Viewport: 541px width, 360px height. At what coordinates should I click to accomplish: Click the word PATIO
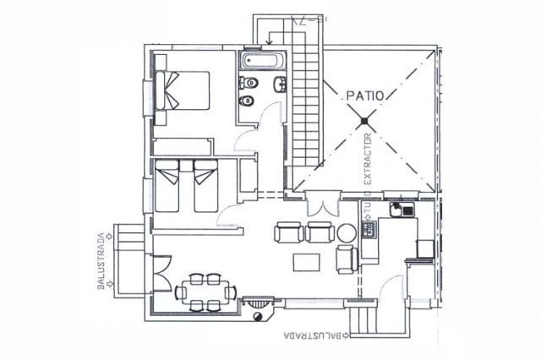[365, 95]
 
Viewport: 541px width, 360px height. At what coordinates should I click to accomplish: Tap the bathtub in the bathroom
[263, 61]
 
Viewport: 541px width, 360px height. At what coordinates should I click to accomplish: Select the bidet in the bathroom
[247, 101]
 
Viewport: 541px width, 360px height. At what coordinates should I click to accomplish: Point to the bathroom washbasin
[280, 85]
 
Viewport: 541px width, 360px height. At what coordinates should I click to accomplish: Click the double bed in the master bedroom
[183, 90]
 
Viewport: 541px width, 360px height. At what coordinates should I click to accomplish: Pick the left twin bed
[167, 186]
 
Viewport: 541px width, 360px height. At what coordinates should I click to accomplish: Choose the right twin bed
[205, 186]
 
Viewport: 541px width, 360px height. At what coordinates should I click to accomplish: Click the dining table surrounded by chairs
[206, 292]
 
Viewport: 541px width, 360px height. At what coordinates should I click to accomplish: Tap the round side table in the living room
[347, 233]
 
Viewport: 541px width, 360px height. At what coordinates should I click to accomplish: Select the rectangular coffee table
[307, 263]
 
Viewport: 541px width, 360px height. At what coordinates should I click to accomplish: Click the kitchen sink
[402, 210]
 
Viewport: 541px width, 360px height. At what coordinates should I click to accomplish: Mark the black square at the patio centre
[364, 121]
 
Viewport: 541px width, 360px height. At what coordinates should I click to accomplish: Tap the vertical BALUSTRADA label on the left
[101, 261]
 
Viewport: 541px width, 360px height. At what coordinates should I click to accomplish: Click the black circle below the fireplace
[257, 317]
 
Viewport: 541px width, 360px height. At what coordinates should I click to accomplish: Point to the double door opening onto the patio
[323, 204]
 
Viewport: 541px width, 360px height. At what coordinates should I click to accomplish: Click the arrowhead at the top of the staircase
[270, 43]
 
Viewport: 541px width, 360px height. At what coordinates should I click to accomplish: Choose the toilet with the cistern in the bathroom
[249, 83]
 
